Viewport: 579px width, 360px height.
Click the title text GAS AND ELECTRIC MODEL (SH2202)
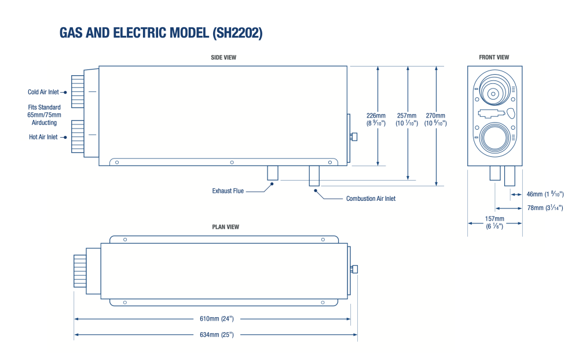coord(161,33)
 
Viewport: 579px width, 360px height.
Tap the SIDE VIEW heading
coord(223,57)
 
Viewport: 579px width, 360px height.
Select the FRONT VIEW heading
coord(494,57)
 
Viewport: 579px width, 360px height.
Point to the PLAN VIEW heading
coord(225,227)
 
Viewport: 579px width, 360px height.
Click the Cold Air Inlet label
coord(43,92)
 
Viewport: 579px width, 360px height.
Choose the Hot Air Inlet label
coord(43,137)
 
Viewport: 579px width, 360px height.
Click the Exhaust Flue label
coord(228,190)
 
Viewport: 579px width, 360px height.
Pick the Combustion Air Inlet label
coord(371,199)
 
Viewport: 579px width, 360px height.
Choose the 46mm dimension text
coord(545,194)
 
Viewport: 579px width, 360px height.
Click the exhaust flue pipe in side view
coord(272,173)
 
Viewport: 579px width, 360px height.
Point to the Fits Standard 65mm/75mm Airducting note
coord(44,115)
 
